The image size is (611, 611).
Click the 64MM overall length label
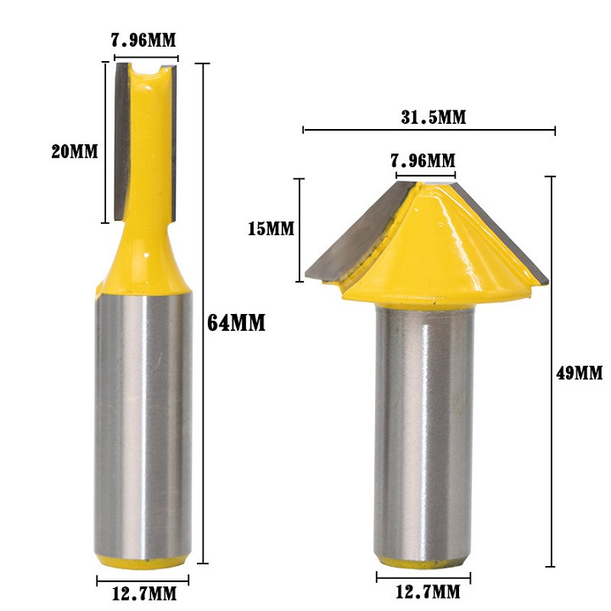pyautogui.click(x=236, y=322)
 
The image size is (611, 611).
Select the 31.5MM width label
pyautogui.click(x=433, y=117)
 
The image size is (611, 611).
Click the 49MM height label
pyautogui.click(x=580, y=373)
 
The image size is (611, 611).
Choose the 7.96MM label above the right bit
pyautogui.click(x=423, y=160)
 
